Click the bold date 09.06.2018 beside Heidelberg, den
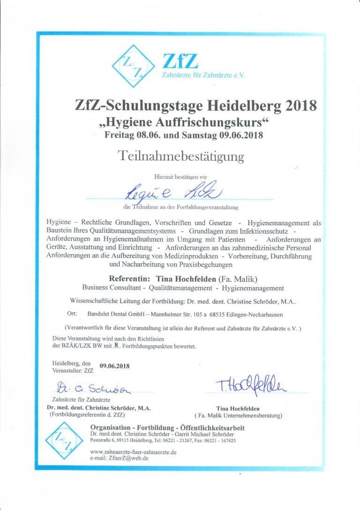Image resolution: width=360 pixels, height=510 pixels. pos(115,365)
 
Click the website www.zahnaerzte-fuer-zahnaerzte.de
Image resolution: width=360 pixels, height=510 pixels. pos(133,452)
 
